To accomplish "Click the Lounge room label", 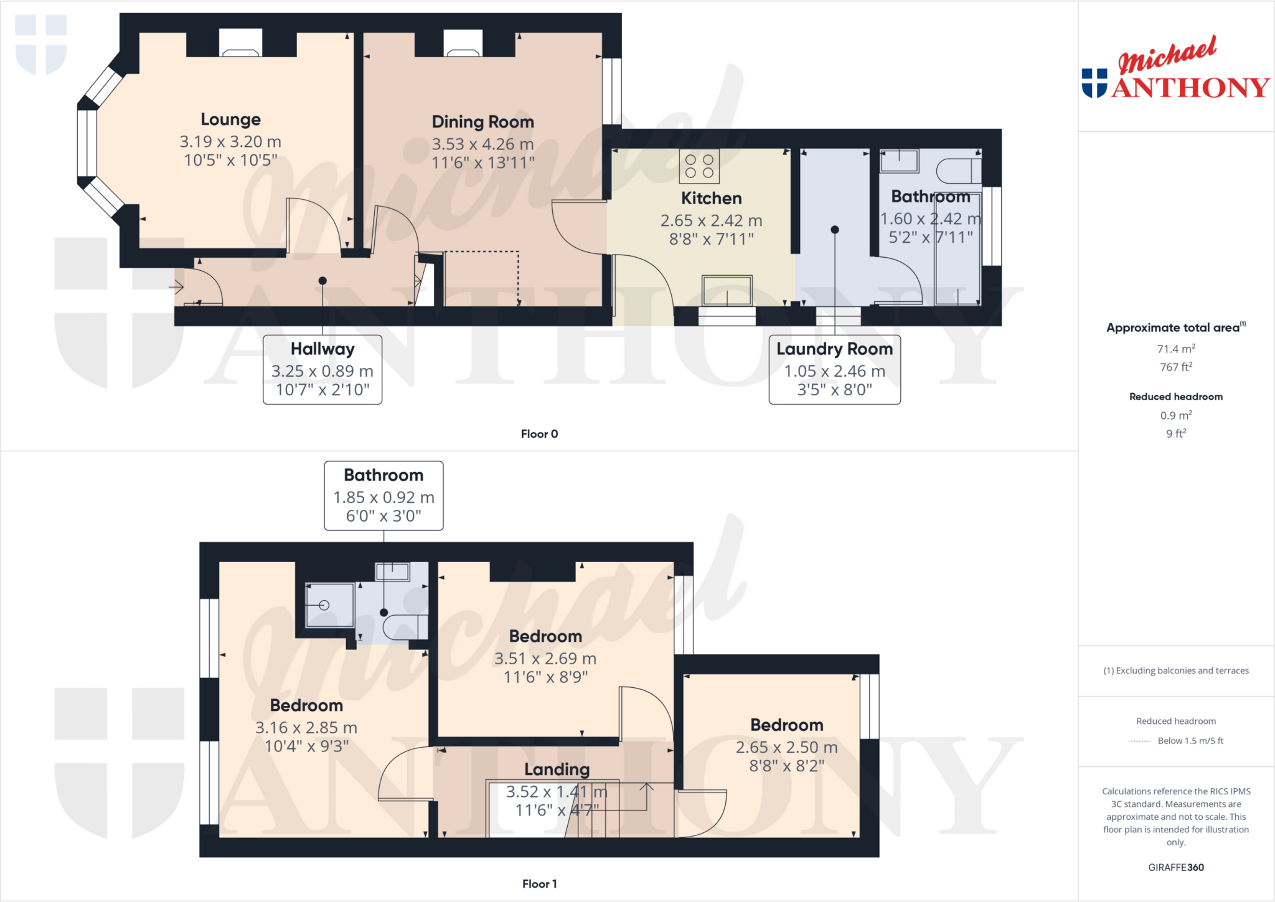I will pyautogui.click(x=230, y=120).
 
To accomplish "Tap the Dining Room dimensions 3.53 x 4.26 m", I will pyautogui.click(x=482, y=144).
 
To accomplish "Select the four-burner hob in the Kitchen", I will pyautogui.click(x=699, y=166).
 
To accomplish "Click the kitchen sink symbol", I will pyautogui.click(x=727, y=290).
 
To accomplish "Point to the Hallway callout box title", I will pyautogui.click(x=322, y=349).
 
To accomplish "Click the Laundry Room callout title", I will pyautogui.click(x=834, y=349).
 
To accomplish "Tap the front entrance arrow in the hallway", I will pyautogui.click(x=176, y=287).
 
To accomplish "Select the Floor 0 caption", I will pyautogui.click(x=539, y=434).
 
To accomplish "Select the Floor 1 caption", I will pyautogui.click(x=539, y=884).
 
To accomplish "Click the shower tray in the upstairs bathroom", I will pyautogui.click(x=329, y=605).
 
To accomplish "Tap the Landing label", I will pyautogui.click(x=557, y=769).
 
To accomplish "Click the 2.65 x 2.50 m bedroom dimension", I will pyautogui.click(x=786, y=747).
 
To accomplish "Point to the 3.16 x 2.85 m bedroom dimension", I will pyautogui.click(x=306, y=728).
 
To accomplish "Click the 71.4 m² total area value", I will pyautogui.click(x=1175, y=349).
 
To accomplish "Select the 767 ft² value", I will pyautogui.click(x=1175, y=367).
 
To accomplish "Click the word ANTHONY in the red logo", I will pyautogui.click(x=1190, y=88).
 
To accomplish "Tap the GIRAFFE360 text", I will pyautogui.click(x=1175, y=867).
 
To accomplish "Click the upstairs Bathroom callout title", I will pyautogui.click(x=383, y=475).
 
